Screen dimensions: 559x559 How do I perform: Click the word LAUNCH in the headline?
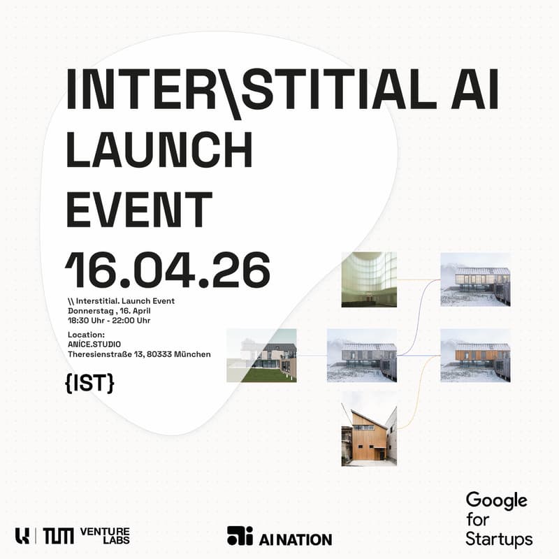coord(159,150)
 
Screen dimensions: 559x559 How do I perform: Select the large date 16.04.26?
coord(168,269)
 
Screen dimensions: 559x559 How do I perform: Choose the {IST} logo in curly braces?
coord(90,383)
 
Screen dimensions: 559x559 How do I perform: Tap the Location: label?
coord(86,335)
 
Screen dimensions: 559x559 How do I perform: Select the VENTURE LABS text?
coord(105,536)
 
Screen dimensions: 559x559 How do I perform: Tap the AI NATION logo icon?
coord(240,536)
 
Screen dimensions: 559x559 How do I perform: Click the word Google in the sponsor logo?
coord(497,500)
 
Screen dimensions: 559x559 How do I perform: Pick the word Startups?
coord(499,539)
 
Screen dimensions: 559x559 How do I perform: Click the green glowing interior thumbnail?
coord(369,279)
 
